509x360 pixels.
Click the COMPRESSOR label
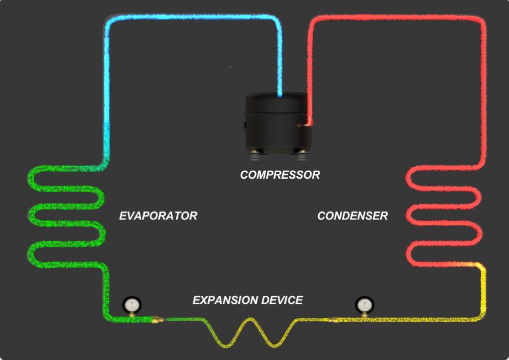point(280,175)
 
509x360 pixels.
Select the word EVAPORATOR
point(158,216)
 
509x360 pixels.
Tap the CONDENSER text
point(352,216)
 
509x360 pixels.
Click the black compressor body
point(279,123)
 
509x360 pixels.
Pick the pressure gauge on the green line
point(131,305)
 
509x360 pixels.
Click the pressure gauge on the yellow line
point(364,305)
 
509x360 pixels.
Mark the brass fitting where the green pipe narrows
point(156,321)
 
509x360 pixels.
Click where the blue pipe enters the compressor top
point(280,97)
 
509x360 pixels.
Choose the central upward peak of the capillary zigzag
point(251,321)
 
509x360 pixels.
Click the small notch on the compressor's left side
point(245,124)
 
